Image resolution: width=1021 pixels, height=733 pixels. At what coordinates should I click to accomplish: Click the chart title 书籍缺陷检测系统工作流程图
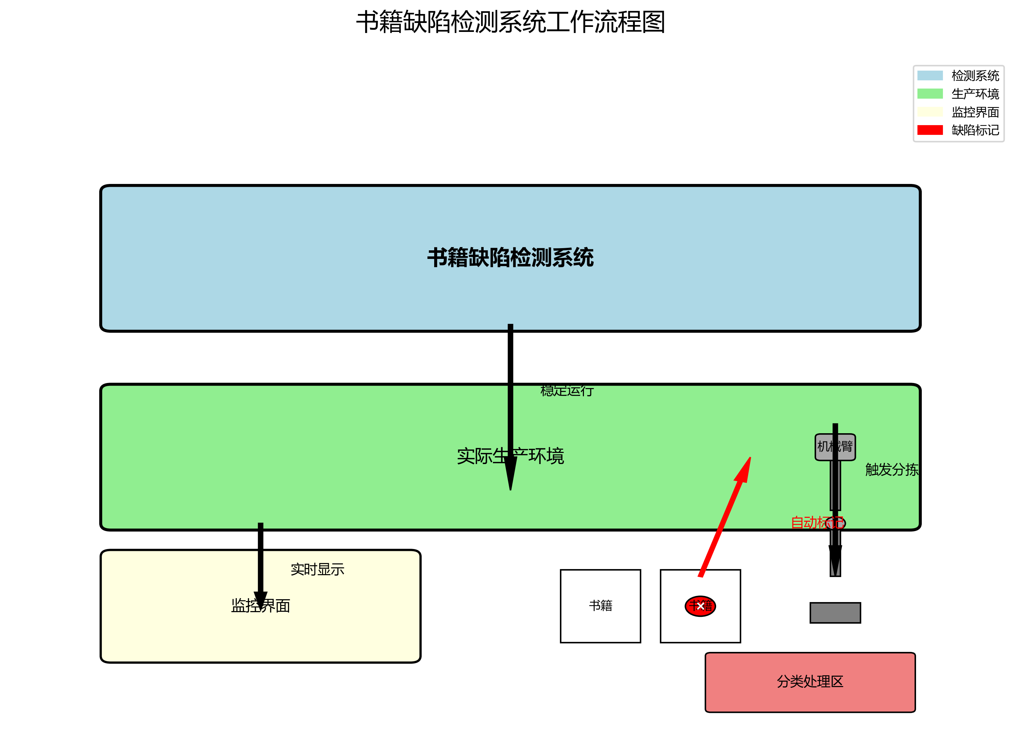click(510, 22)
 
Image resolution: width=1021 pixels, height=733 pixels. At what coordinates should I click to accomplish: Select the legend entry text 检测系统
click(975, 76)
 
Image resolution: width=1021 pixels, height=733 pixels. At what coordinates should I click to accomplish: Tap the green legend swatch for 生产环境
click(930, 94)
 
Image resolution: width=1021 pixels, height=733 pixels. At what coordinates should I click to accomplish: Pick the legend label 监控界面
click(975, 112)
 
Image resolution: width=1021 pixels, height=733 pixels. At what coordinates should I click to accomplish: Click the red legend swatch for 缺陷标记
click(930, 130)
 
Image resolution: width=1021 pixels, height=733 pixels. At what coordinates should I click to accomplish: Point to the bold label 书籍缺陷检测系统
click(510, 258)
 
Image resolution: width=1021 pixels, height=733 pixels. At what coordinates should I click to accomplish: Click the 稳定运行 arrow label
click(567, 391)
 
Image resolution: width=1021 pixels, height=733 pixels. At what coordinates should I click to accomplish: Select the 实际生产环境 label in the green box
click(510, 456)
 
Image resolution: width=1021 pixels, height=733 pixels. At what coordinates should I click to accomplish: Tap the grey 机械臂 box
click(835, 447)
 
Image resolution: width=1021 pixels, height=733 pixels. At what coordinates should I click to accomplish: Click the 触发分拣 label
click(891, 469)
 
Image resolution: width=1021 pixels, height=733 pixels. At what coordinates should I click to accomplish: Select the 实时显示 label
click(317, 569)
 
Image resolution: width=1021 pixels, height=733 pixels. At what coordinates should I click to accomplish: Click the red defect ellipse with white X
click(700, 606)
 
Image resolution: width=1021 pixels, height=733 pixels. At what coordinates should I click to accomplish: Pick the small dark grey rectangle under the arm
click(835, 613)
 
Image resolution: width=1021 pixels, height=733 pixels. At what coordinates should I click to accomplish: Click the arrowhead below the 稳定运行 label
click(510, 473)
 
